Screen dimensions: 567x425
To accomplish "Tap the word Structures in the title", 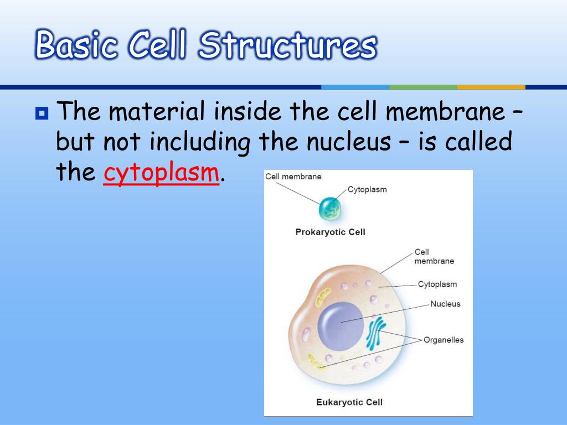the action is [287, 45].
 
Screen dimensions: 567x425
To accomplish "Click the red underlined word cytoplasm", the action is [161, 173].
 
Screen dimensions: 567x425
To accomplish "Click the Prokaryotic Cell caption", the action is [330, 232].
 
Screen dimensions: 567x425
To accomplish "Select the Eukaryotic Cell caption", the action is [349, 402].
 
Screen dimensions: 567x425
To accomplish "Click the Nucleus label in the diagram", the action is [445, 304].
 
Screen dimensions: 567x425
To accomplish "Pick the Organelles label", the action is [444, 340].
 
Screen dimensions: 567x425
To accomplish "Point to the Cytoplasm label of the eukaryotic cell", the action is [437, 284].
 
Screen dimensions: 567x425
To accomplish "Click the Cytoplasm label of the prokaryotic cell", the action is [367, 189].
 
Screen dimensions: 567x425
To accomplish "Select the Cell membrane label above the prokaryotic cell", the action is [293, 177].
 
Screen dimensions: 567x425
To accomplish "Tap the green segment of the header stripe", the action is [423, 87].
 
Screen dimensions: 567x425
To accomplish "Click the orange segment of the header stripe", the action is [491, 87].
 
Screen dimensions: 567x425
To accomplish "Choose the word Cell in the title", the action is [156, 45].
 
